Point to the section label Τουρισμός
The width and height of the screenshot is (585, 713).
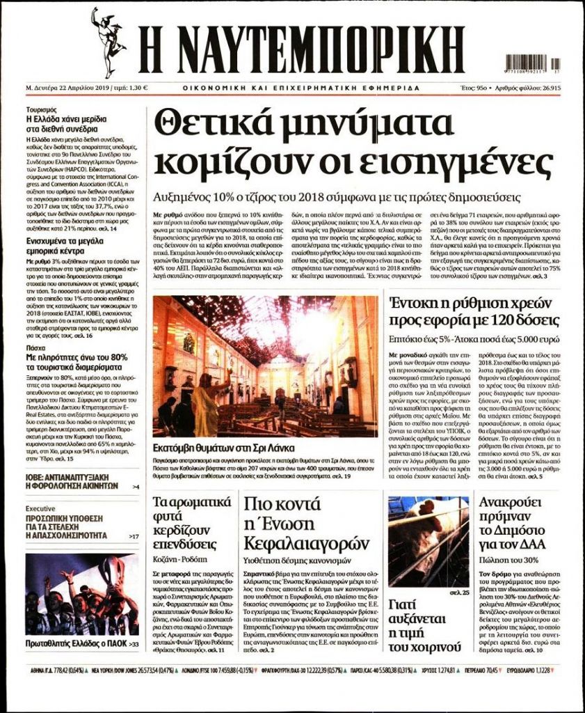pyautogui.click(x=41, y=110)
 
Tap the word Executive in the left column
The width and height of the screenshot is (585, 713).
pyautogui.click(x=40, y=509)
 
